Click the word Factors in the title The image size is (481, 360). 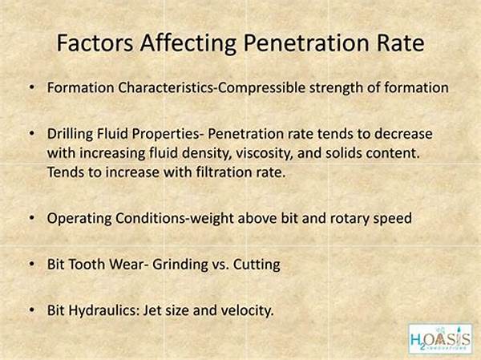(x=95, y=42)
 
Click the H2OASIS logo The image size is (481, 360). (x=440, y=338)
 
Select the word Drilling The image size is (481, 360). (x=70, y=134)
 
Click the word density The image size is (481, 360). (x=206, y=153)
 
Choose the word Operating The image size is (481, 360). (x=79, y=219)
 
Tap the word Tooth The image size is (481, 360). (x=87, y=265)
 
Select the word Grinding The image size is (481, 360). (x=180, y=265)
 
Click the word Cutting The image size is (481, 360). (x=257, y=265)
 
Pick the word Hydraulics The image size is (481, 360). (x=103, y=310)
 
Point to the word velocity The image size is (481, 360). (x=247, y=310)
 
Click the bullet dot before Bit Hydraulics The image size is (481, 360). (x=31, y=309)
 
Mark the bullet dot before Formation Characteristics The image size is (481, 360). (x=31, y=87)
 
